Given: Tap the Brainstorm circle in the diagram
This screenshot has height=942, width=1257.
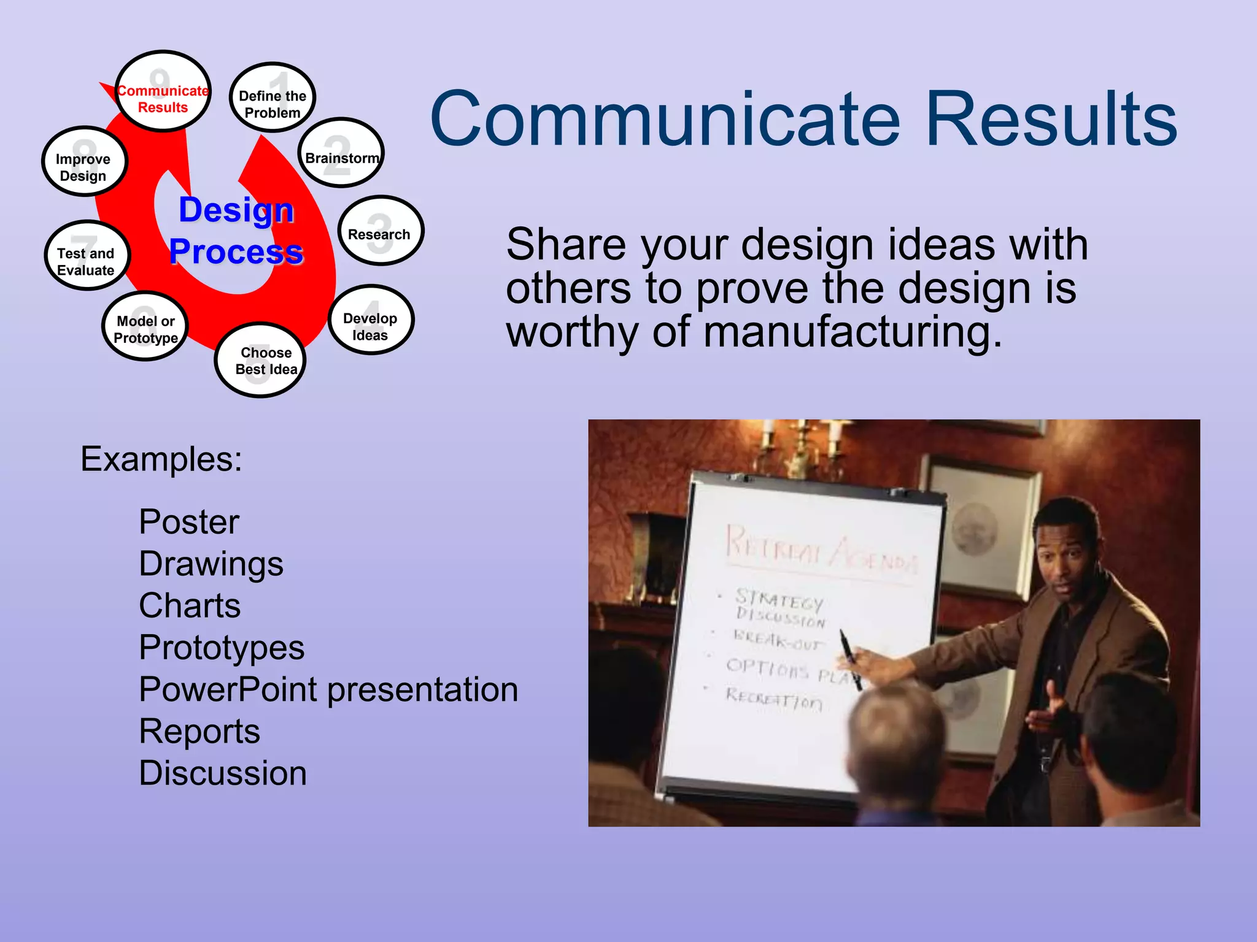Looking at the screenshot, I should point(341,153).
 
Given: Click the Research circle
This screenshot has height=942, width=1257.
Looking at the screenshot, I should point(380,231).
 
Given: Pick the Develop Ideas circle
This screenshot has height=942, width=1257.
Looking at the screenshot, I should point(371,320).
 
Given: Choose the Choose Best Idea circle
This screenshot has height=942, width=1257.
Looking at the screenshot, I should point(261,361).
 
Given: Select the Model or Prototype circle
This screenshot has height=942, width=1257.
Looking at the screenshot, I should point(145,327).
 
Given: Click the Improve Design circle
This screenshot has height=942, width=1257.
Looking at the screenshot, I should point(84,163).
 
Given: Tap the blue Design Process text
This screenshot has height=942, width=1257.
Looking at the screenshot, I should point(236,231).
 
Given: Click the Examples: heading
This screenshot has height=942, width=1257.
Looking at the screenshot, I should point(161,459).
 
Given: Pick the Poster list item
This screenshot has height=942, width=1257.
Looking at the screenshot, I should point(189,522).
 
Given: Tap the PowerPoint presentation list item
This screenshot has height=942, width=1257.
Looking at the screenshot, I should point(328,689).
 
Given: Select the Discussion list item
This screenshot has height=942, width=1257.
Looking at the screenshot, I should point(223,773).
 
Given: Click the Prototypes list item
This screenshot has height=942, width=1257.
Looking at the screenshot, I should point(222,648).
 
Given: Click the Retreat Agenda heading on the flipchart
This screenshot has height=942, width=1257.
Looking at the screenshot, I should point(819,548).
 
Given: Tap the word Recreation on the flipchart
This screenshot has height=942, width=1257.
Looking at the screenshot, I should point(773,699).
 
